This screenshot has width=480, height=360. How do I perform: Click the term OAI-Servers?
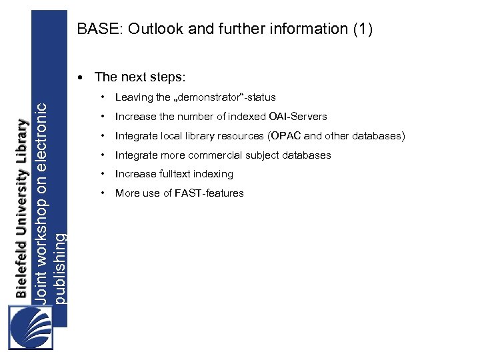pyautogui.click(x=297, y=117)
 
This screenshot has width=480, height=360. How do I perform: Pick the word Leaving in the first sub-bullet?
pyautogui.click(x=134, y=97)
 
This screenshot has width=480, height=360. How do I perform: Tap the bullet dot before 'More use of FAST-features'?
pyautogui.click(x=103, y=193)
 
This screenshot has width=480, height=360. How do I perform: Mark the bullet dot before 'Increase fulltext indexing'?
pyautogui.click(x=103, y=174)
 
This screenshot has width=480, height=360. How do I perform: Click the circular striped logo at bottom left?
pyautogui.click(x=30, y=327)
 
